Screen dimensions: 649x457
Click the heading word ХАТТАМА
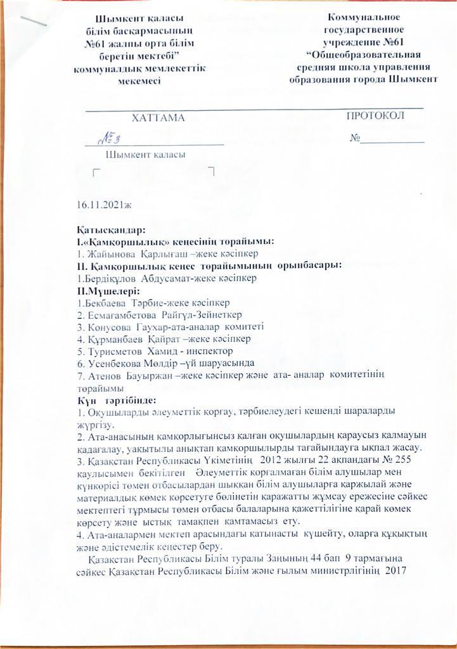[x=158, y=119]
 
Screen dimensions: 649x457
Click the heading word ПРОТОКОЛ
[x=375, y=116]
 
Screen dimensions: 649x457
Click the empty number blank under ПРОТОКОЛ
[x=393, y=139]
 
